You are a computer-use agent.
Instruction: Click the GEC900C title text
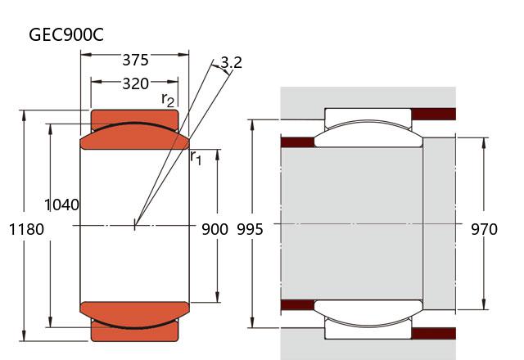66,34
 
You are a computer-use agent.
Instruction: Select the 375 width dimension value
135,60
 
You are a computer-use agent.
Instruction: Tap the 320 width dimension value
135,83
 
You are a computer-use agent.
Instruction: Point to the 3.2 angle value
231,62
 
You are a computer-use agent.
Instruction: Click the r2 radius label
168,100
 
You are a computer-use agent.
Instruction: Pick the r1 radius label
196,157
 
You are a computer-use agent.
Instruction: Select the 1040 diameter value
62,205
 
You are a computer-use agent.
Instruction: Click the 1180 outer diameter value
26,229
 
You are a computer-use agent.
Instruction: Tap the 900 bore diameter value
215,229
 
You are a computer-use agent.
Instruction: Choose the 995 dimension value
250,229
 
